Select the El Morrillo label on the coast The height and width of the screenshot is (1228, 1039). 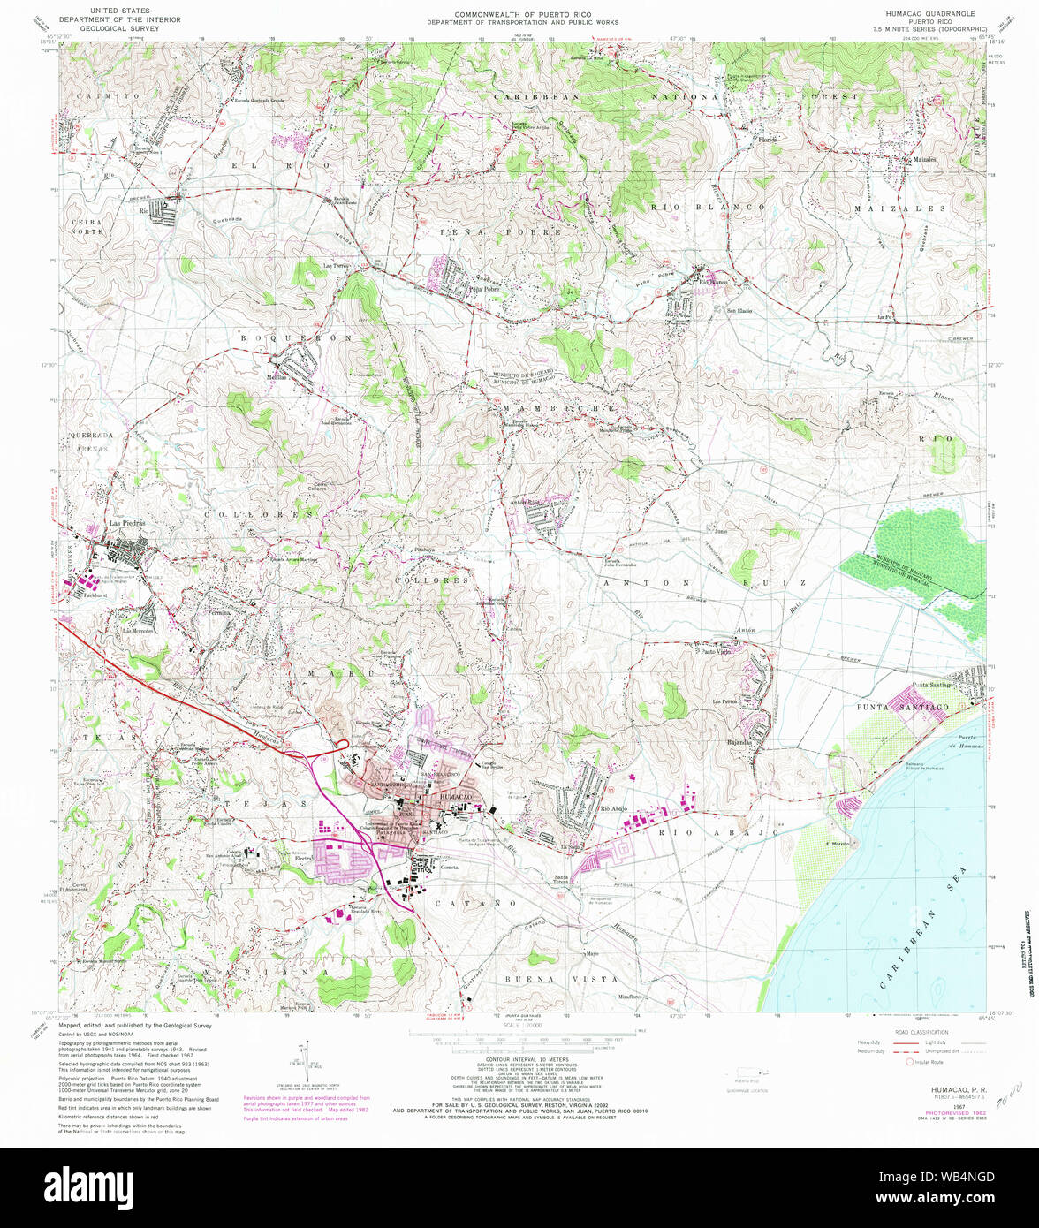836,845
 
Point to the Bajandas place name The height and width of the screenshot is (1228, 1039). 739,742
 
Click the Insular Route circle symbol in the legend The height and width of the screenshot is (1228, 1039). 909,1061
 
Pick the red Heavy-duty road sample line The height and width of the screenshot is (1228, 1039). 905,1043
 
